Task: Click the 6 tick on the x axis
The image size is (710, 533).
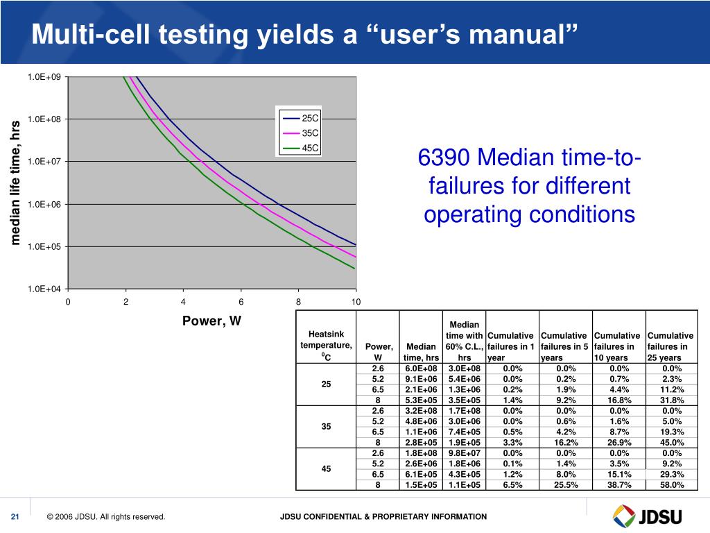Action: (241, 302)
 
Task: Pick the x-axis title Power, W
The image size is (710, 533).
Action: (211, 321)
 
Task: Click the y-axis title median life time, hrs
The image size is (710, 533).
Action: (15, 183)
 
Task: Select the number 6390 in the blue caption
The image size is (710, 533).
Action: (444, 158)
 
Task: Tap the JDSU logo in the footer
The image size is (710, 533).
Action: (648, 516)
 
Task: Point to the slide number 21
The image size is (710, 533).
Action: (15, 517)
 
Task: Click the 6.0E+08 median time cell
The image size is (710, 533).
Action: (421, 369)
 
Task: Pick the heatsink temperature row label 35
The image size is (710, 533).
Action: (326, 427)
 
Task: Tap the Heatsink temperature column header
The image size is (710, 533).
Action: (326, 345)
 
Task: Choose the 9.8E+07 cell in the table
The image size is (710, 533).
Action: (465, 453)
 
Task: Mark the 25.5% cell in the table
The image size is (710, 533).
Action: (566, 485)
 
